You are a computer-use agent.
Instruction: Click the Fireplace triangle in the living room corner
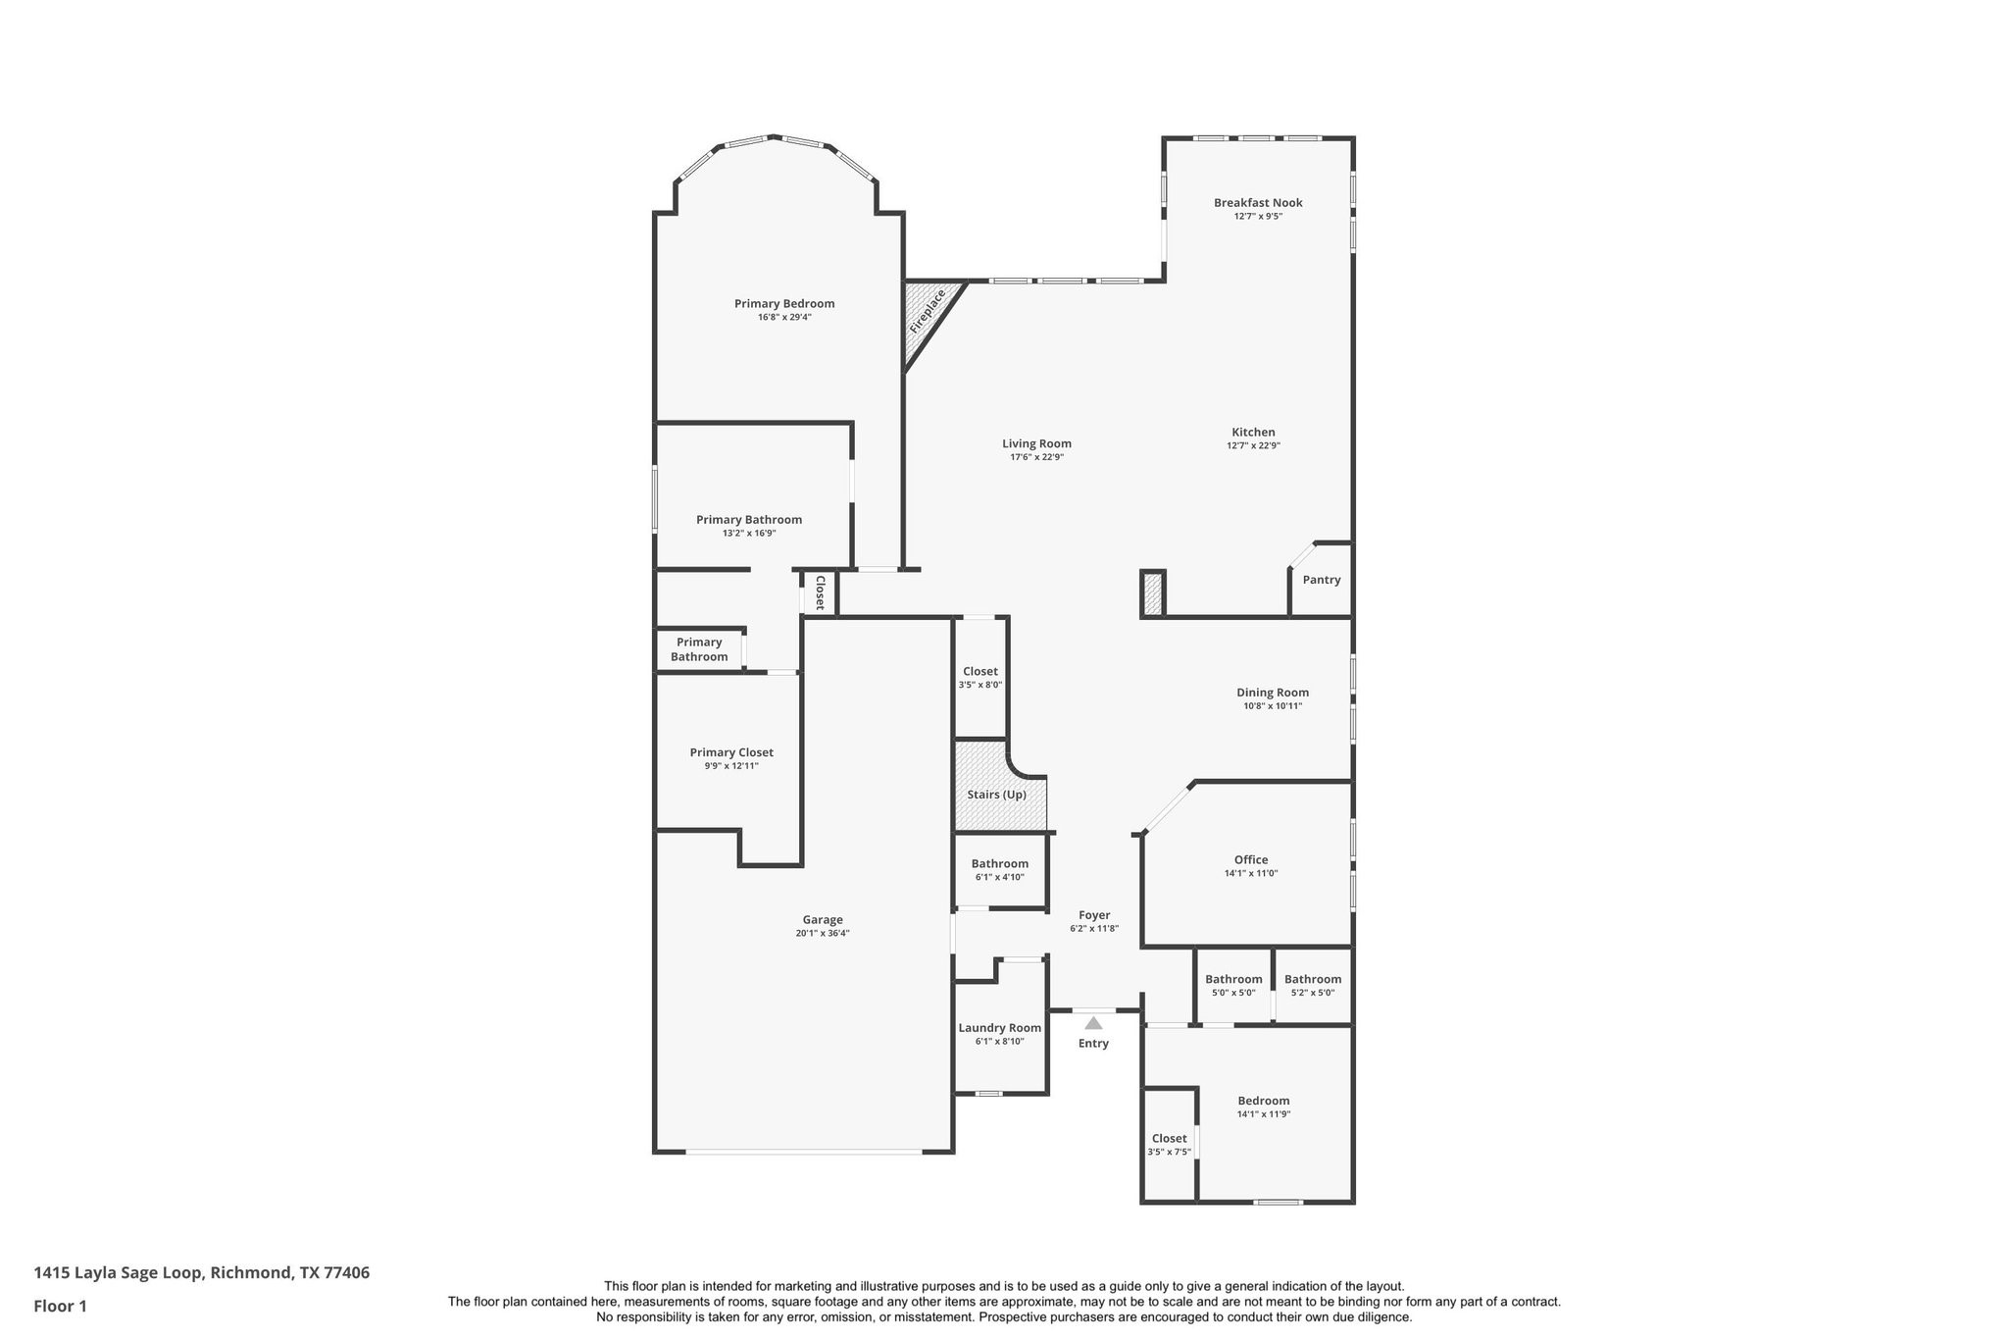924,312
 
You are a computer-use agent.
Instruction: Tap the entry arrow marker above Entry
1093,1023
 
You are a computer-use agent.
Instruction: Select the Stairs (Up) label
996,795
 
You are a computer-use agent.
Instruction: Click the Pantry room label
1321,580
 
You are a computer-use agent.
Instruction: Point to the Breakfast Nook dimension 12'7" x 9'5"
1258,217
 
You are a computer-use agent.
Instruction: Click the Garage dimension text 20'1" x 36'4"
823,934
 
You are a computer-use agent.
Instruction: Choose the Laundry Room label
999,1028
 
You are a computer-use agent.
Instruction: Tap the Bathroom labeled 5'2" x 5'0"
1312,985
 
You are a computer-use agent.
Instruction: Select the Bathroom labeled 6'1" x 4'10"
999,870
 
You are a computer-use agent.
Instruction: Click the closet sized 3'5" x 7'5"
1169,1145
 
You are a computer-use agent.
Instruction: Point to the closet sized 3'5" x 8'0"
979,678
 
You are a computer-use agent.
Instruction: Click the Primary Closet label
731,752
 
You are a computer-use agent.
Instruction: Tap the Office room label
1251,859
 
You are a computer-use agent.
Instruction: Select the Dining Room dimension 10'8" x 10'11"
1273,706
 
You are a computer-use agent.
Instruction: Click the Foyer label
1094,915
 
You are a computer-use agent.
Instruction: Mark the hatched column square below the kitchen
1153,594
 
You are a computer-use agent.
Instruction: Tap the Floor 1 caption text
60,1306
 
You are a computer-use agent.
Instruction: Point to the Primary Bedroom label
784,304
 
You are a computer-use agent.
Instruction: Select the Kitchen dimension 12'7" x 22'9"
1253,446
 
